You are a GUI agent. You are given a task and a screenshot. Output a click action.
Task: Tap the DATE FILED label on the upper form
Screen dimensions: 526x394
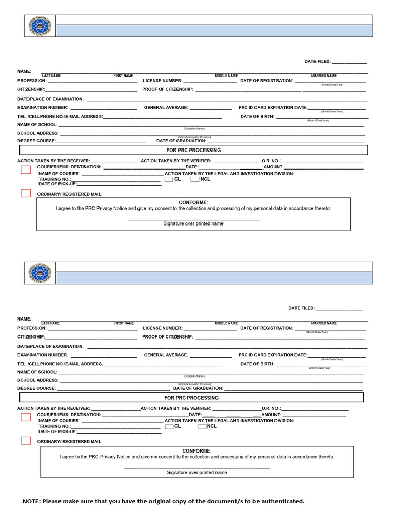[x=318, y=62]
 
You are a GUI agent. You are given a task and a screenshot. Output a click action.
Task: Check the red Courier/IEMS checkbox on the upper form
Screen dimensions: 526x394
[x=26, y=170]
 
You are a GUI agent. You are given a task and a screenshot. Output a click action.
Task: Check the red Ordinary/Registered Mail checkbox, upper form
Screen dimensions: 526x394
[x=26, y=193]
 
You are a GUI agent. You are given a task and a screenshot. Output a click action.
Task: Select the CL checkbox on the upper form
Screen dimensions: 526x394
[x=169, y=179]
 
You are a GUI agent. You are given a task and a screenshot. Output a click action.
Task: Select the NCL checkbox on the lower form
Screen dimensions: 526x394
[x=202, y=426]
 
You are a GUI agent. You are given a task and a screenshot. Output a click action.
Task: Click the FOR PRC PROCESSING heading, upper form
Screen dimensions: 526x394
[x=193, y=150]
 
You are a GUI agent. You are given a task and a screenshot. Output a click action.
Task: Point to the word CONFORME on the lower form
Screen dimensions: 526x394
[x=196, y=450]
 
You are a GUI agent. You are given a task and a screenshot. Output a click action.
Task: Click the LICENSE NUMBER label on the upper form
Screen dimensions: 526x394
[x=162, y=81]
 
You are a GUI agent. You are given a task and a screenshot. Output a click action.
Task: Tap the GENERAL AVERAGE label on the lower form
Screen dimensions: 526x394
[x=166, y=355]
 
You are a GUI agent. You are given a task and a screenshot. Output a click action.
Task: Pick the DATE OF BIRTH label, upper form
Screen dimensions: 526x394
[x=257, y=117]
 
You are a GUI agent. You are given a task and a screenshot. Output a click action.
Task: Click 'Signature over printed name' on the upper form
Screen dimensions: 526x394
[x=193, y=224]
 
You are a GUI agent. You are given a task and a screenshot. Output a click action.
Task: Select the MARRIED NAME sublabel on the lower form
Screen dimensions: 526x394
[x=324, y=323]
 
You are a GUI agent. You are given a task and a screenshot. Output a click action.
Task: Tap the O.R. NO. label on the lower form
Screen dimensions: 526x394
[x=271, y=408]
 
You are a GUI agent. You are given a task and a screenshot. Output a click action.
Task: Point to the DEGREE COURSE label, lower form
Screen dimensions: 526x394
[x=36, y=388]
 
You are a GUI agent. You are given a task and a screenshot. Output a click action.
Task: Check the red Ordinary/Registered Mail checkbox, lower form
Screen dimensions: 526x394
[x=26, y=440]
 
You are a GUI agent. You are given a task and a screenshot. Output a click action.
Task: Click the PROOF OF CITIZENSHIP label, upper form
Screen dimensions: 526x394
[x=168, y=89]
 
